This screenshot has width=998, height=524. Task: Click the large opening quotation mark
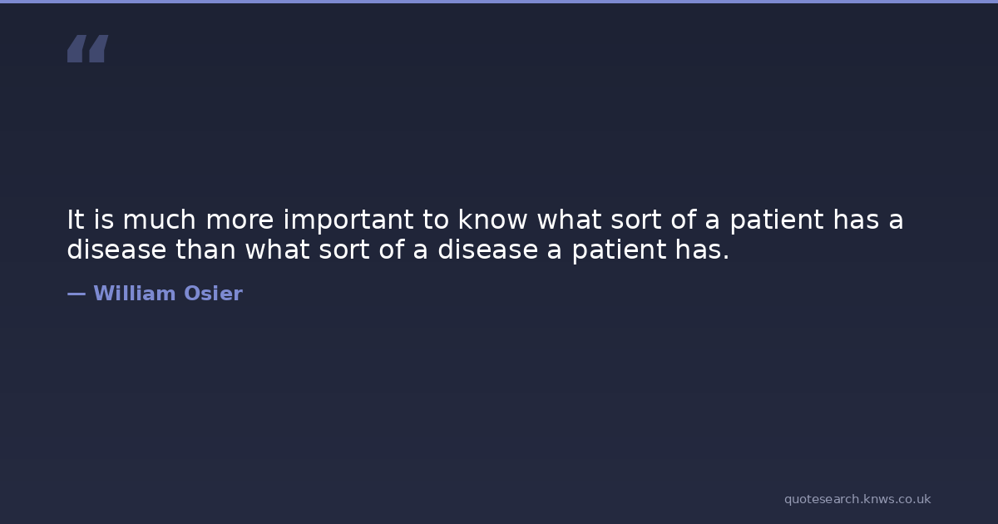[88, 48]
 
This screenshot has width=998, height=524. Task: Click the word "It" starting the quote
[76, 220]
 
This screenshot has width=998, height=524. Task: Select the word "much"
[159, 220]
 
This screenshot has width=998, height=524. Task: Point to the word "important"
[348, 221]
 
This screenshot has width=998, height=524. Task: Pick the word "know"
[492, 220]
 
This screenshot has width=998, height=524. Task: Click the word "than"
[205, 249]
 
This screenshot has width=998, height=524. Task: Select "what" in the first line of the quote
[570, 220]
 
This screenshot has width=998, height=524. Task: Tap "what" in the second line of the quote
[277, 249]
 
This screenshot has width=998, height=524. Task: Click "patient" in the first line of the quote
[777, 221]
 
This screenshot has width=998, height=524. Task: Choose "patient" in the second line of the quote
[619, 251]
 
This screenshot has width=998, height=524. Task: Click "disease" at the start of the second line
[116, 249]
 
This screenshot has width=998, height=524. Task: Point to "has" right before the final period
[695, 249]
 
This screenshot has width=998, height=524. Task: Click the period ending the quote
[726, 256]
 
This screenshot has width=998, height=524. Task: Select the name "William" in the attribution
[135, 293]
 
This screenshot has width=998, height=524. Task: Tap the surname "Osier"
[214, 293]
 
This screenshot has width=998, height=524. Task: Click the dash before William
[77, 294]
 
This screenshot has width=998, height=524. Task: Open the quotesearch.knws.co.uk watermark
[857, 499]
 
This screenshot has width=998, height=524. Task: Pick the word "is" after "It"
[104, 220]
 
